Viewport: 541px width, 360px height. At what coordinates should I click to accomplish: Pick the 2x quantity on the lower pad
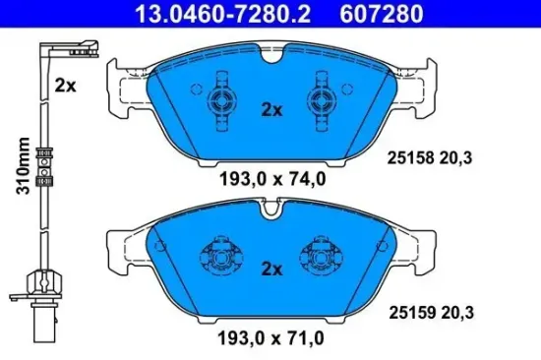(270, 268)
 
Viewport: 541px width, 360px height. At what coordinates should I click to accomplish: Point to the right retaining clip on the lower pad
(323, 257)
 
